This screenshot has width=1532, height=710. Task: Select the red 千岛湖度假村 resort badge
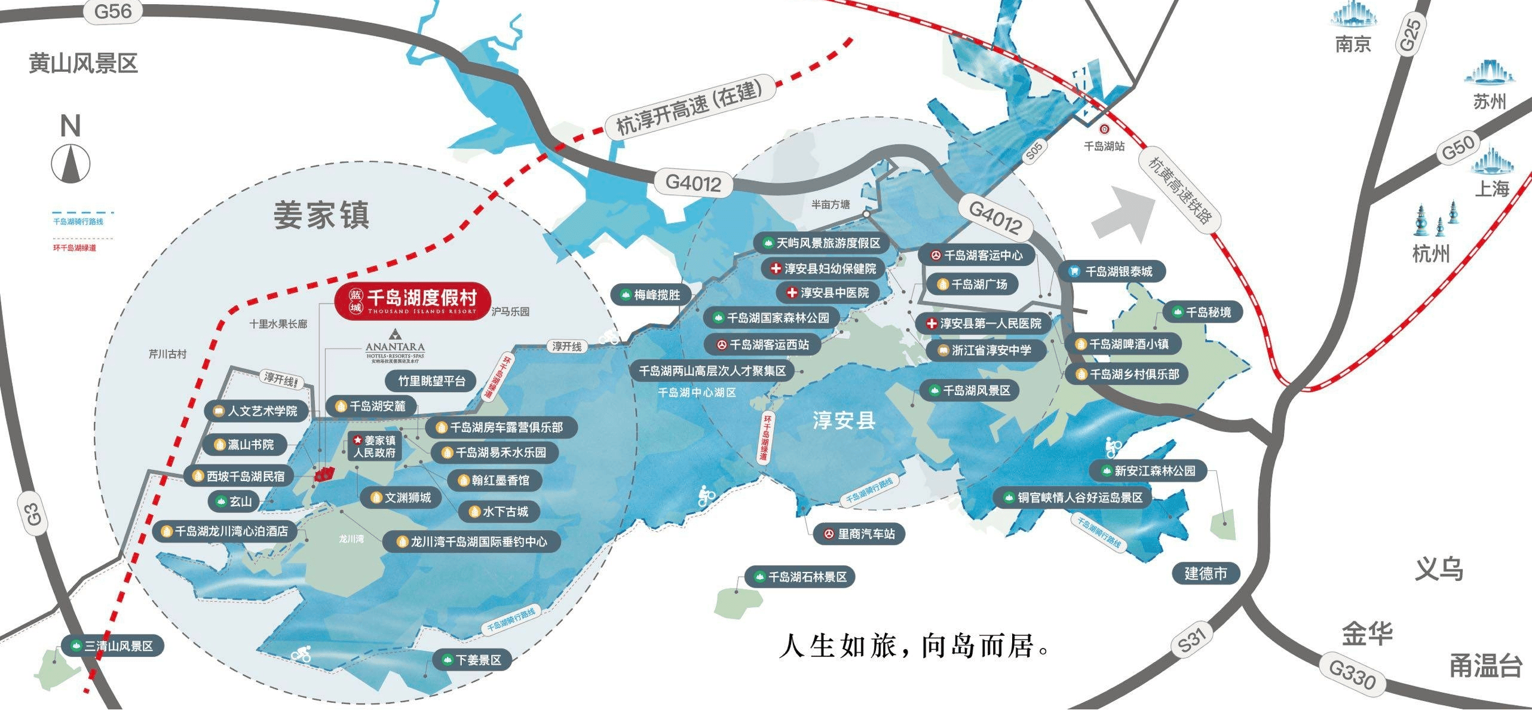pyautogui.click(x=413, y=301)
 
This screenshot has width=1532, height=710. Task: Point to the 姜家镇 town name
pyautogui.click(x=321, y=215)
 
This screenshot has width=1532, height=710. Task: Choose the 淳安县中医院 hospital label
pyautogui.click(x=828, y=293)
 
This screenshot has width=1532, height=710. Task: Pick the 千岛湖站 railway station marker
pyautogui.click(x=1104, y=128)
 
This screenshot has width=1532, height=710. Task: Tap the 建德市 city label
pyautogui.click(x=1206, y=574)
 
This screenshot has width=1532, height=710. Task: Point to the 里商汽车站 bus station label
pyautogui.click(x=859, y=534)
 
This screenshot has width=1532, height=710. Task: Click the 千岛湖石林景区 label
pyautogui.click(x=800, y=577)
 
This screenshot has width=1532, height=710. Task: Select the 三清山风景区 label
pyautogui.click(x=112, y=646)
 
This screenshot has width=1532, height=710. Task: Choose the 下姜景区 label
pyautogui.click(x=471, y=660)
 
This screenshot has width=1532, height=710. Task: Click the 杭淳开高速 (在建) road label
pyautogui.click(x=689, y=108)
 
